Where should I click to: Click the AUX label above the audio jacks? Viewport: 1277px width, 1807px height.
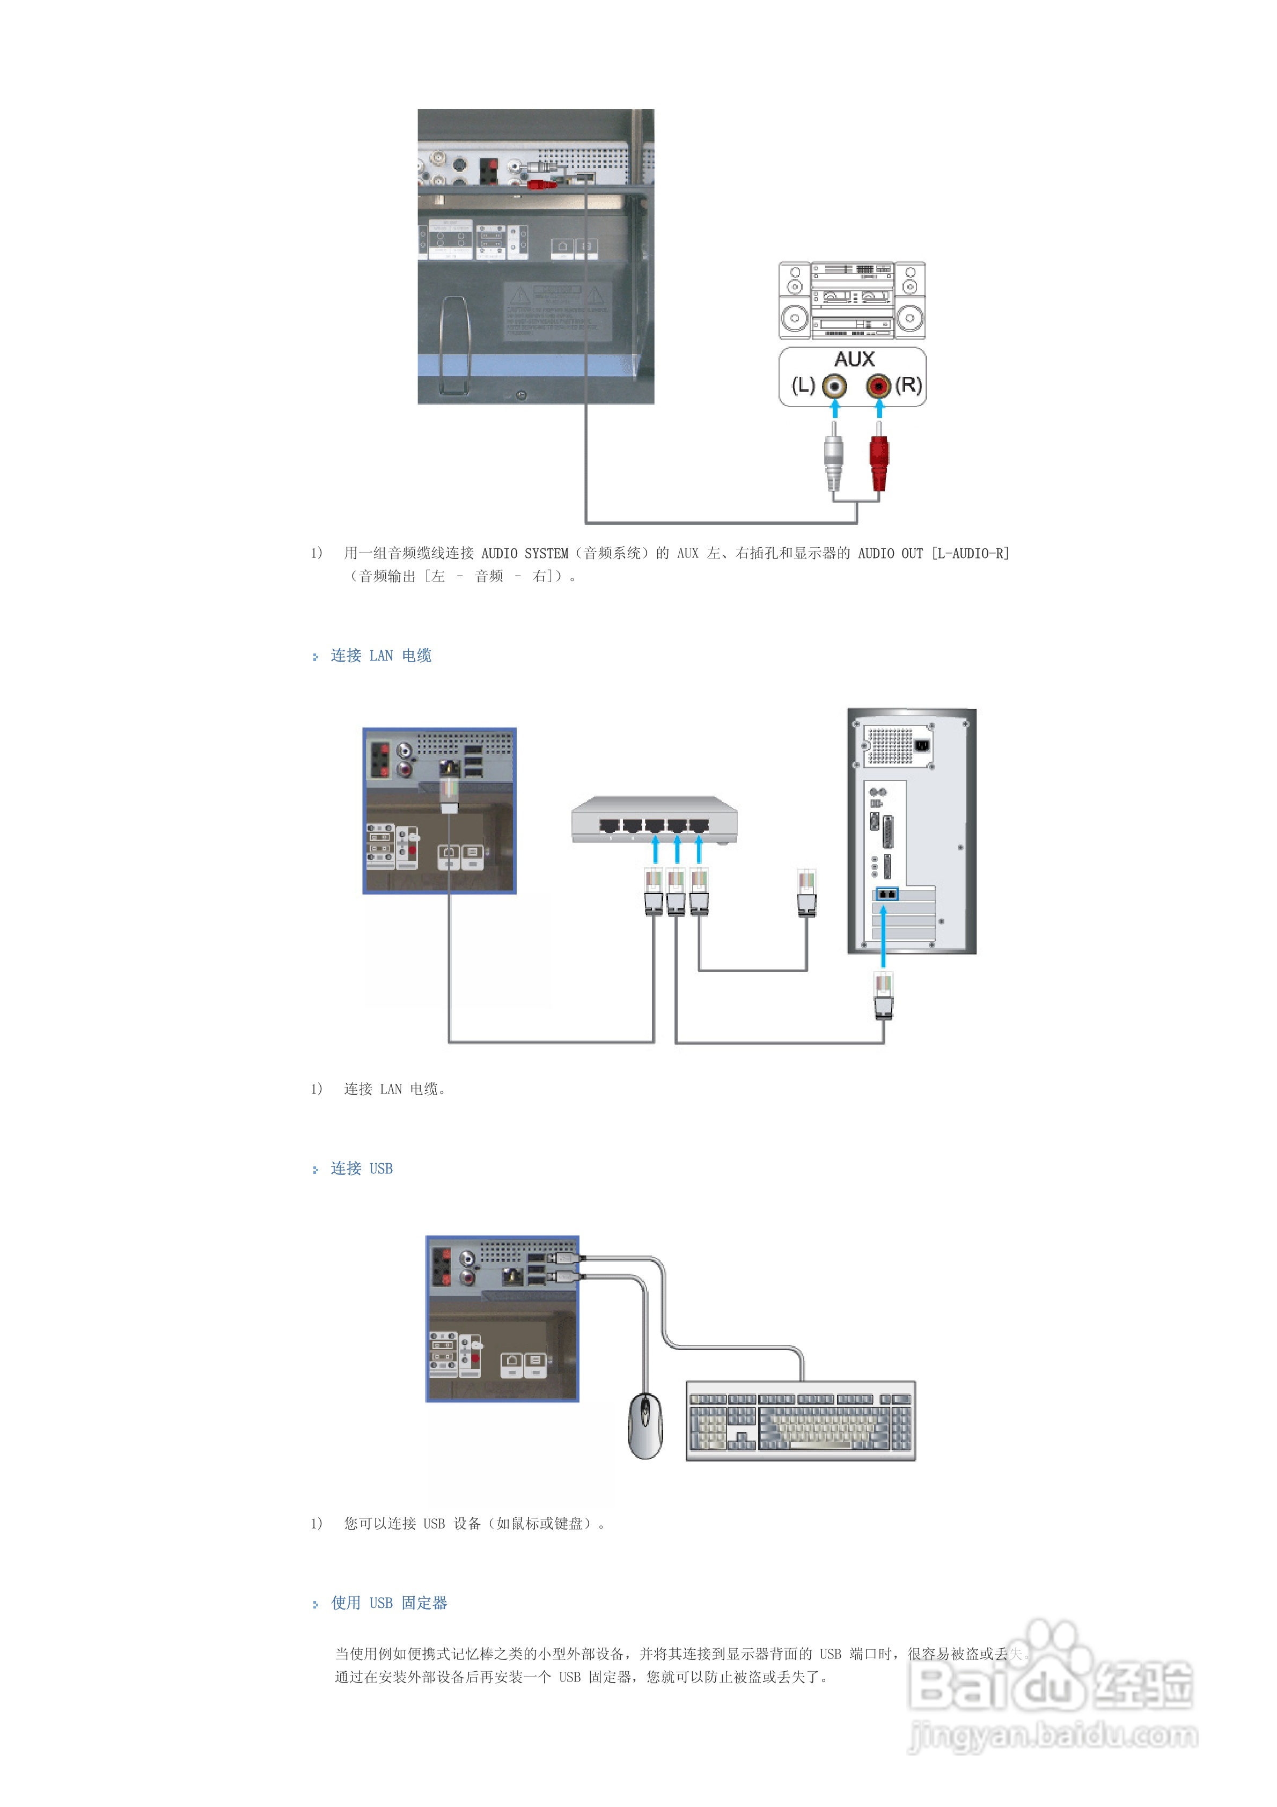(x=854, y=359)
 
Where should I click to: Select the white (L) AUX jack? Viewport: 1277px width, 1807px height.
(x=834, y=386)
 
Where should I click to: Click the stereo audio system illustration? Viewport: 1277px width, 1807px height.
(x=852, y=300)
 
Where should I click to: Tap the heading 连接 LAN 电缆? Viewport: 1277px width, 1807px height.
(x=380, y=656)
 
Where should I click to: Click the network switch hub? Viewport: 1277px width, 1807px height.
(x=654, y=821)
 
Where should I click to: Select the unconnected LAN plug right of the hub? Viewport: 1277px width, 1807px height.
(x=806, y=893)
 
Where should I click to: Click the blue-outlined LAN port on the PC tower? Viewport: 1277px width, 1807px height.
(x=886, y=894)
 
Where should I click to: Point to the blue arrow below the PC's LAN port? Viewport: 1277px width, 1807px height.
(x=883, y=937)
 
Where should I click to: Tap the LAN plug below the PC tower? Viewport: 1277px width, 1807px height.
(x=883, y=996)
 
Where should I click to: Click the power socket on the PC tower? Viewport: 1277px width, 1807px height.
(x=922, y=745)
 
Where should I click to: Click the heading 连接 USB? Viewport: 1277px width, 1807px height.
(x=362, y=1169)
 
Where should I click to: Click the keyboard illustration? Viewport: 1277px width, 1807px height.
(x=801, y=1421)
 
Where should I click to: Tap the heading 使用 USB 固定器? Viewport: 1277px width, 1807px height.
(x=389, y=1603)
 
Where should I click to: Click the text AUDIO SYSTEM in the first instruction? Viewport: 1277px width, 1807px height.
(x=524, y=553)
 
